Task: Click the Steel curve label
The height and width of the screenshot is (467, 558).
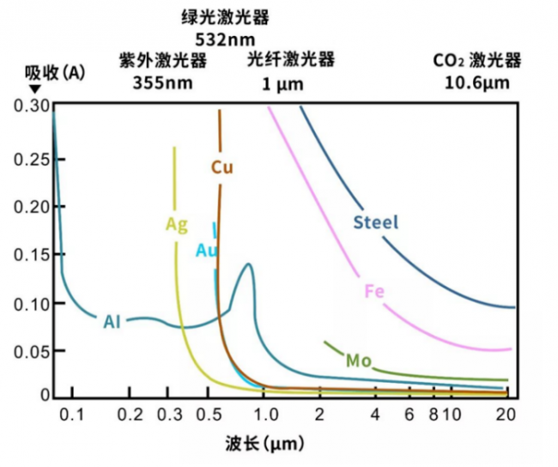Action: click(x=376, y=222)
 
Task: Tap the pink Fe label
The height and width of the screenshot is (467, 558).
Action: click(x=373, y=291)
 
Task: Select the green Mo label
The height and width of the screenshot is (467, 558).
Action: click(x=358, y=361)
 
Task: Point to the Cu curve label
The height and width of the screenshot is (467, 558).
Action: click(x=222, y=167)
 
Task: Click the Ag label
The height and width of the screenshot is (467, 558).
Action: click(x=176, y=225)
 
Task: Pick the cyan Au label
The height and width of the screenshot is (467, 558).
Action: click(x=207, y=251)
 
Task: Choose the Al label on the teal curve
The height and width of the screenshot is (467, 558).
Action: click(x=112, y=322)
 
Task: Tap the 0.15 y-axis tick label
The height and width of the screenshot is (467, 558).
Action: click(x=31, y=255)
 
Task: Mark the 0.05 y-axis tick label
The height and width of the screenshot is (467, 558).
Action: click(x=31, y=354)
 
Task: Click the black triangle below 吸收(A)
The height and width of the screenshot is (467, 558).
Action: click(x=34, y=88)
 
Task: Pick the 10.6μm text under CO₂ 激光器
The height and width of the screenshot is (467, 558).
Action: click(x=477, y=83)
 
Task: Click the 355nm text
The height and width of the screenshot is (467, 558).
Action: click(x=162, y=83)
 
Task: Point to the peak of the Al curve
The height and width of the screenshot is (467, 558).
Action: click(x=248, y=264)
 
